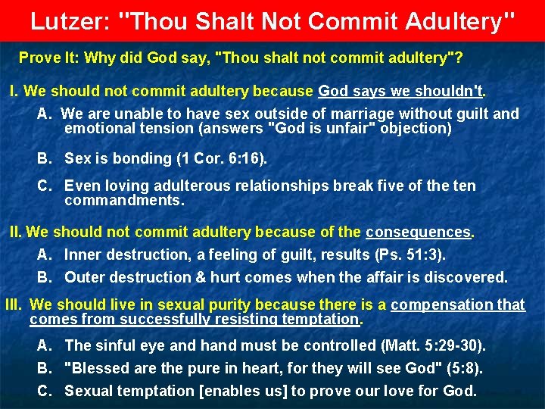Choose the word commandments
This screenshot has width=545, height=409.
pyautogui.click(x=124, y=201)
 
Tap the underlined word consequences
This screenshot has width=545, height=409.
pyautogui.click(x=419, y=232)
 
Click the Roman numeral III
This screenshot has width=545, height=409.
pyautogui.click(x=14, y=304)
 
